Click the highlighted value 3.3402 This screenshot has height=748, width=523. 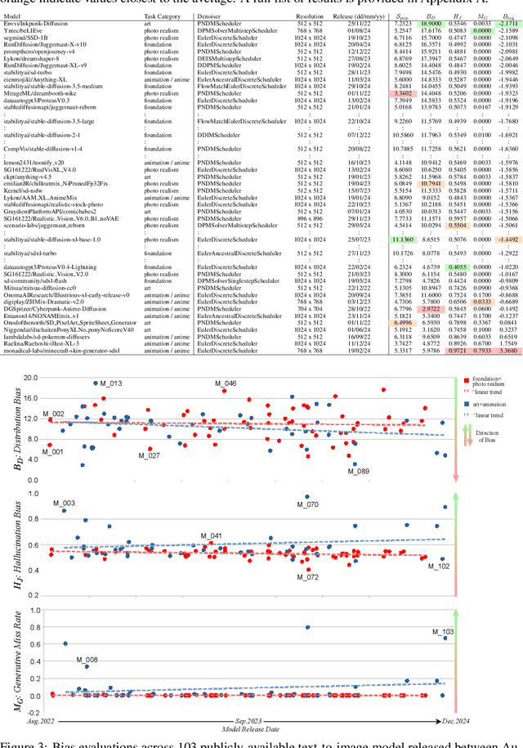point(403,94)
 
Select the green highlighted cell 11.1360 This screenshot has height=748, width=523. point(403,240)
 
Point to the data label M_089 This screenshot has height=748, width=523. point(358,471)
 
